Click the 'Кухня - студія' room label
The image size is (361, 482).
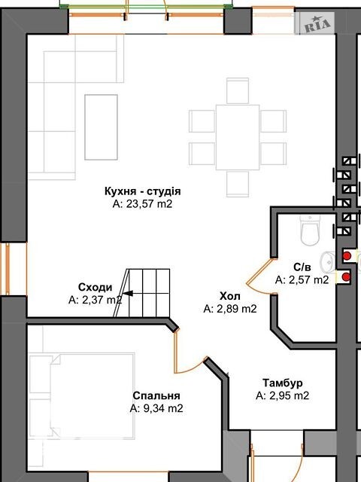click(142, 191)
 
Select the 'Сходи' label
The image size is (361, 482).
click(96, 288)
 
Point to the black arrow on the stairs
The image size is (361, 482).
click(128, 293)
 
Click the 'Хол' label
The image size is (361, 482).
click(230, 296)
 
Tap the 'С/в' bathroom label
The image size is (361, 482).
click(302, 267)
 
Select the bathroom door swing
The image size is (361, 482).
click(259, 276)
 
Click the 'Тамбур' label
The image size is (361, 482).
click(283, 383)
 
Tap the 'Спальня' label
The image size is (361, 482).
click(156, 395)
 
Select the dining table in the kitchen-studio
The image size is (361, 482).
click(238, 137)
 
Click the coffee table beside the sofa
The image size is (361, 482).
click(101, 127)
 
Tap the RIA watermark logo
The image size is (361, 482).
click(314, 23)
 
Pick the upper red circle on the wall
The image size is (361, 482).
click(347, 256)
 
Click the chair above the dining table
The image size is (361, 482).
click(238, 90)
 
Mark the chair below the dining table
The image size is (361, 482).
click(238, 184)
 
